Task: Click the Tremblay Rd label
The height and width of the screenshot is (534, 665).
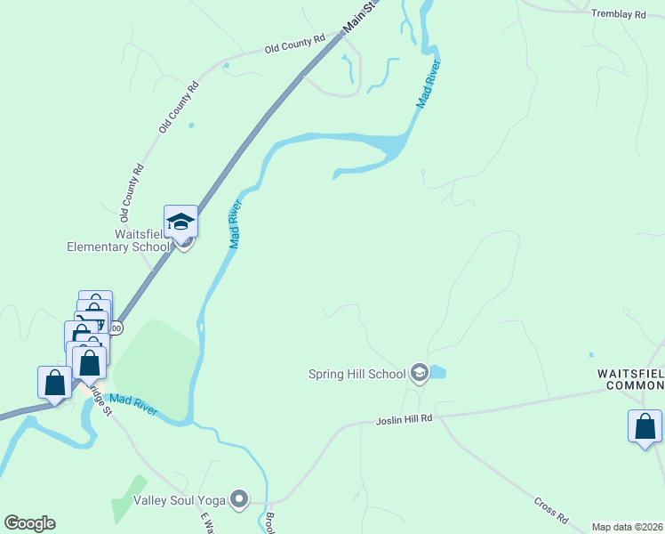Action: (x=619, y=15)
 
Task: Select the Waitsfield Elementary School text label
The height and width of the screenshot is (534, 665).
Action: (x=117, y=240)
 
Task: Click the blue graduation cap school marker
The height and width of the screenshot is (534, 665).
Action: (x=180, y=222)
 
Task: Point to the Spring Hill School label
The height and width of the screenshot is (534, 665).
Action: (x=357, y=375)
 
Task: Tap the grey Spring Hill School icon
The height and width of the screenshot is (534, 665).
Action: (x=420, y=374)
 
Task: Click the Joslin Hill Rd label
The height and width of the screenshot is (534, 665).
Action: (x=404, y=417)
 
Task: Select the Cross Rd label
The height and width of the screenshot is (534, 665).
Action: (x=551, y=509)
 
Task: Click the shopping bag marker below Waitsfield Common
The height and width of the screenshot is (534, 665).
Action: (x=645, y=426)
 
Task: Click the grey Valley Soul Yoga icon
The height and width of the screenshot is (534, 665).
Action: (x=238, y=500)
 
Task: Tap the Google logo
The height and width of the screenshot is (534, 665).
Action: (x=29, y=523)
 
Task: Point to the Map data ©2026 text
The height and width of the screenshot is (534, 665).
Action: (x=627, y=527)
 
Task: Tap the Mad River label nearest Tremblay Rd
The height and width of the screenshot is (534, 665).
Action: (x=429, y=85)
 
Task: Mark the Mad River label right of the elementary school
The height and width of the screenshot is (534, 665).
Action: (x=236, y=224)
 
